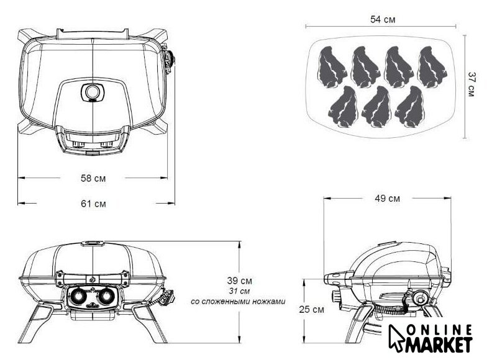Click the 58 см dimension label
[93, 178]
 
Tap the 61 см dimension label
[94, 204]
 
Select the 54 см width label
[383, 19]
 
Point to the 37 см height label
[471, 84]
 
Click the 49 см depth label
[387, 199]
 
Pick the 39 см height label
[239, 281]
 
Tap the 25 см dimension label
[311, 310]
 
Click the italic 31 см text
[239, 291]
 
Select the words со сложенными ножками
[238, 302]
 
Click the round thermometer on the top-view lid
[92, 92]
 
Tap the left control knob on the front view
[78, 295]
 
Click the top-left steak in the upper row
[332, 66]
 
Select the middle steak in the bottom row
[376, 107]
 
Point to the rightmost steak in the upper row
[431, 66]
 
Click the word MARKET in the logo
[439, 344]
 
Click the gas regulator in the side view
[419, 298]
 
